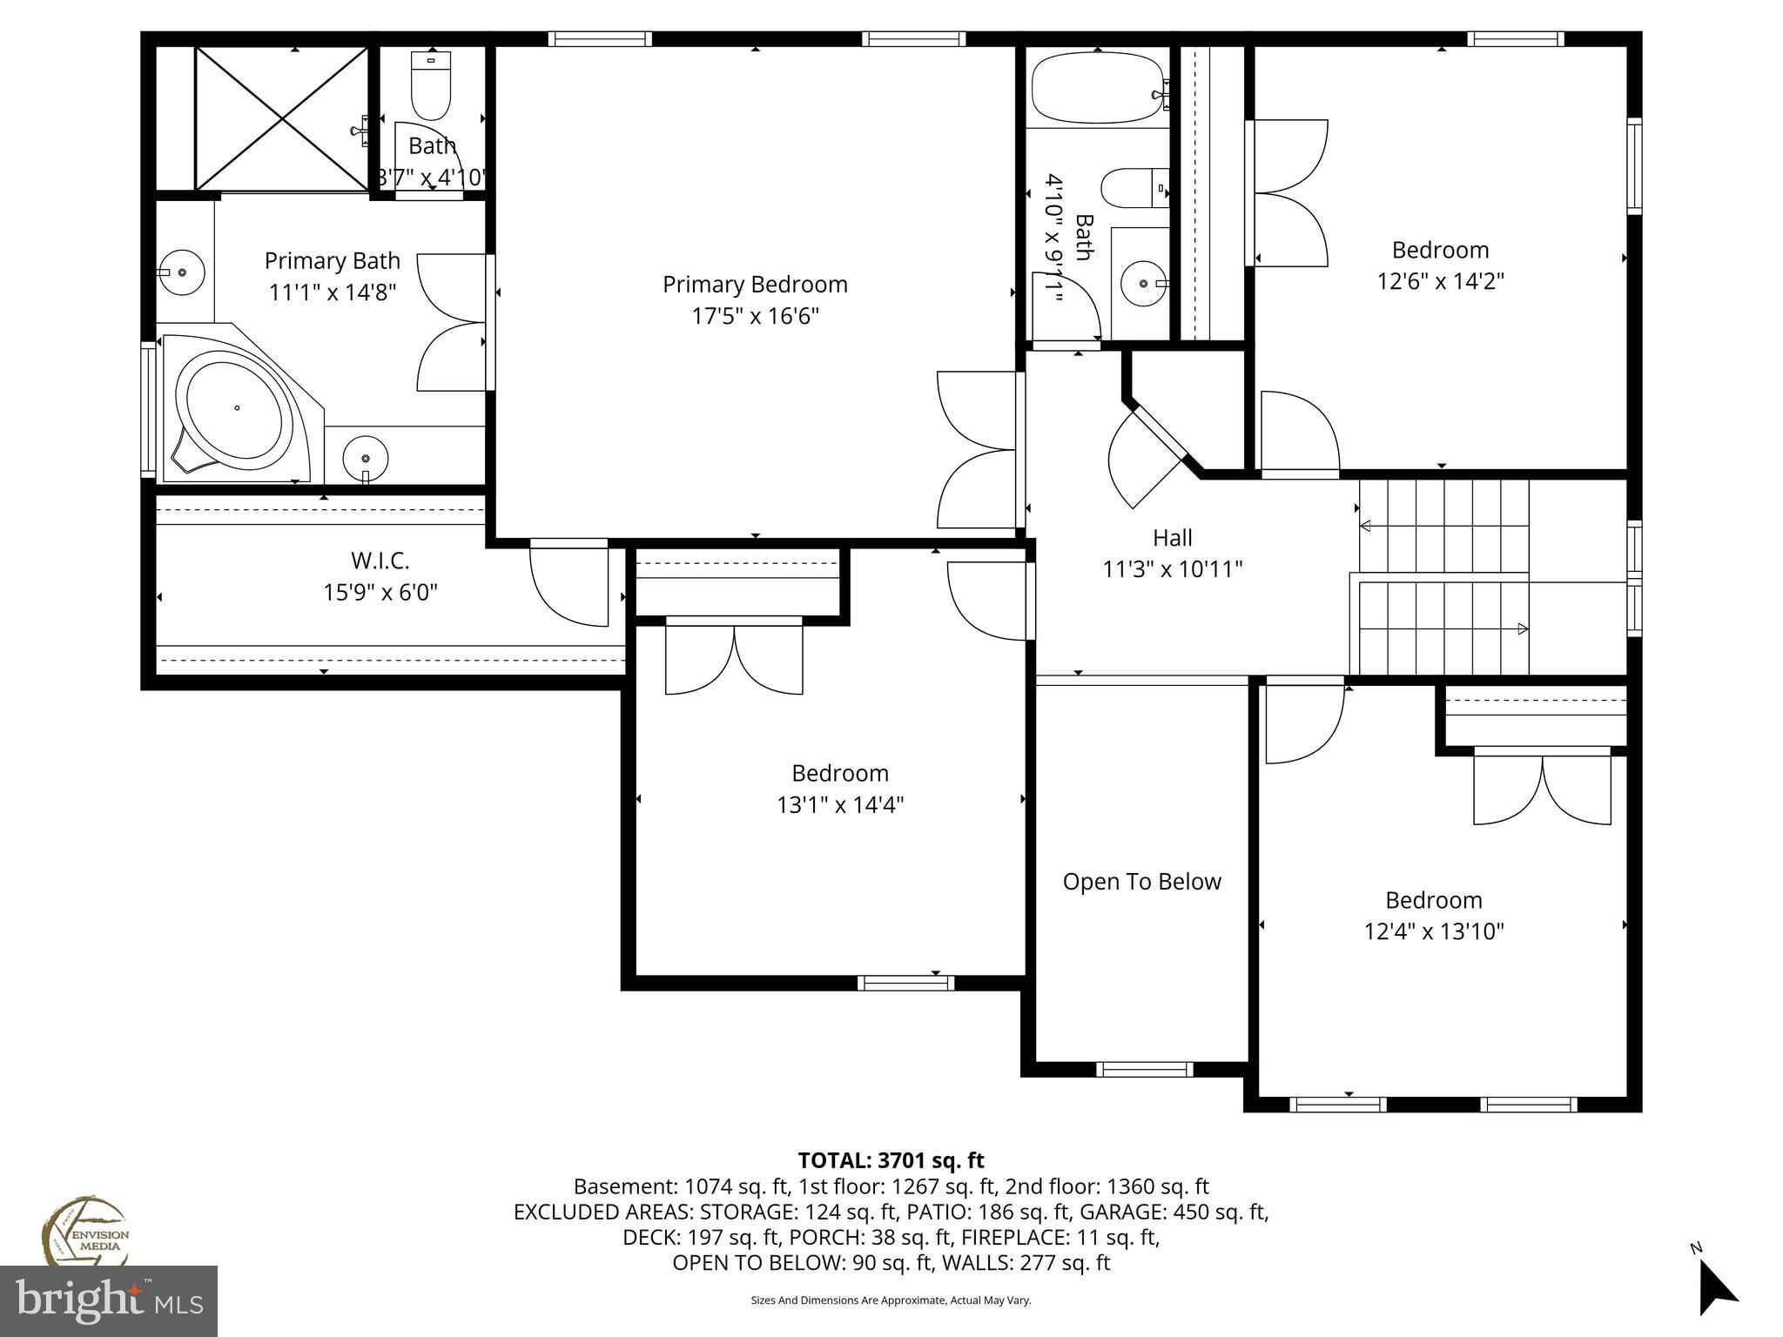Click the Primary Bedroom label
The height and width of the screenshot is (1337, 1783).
tap(755, 285)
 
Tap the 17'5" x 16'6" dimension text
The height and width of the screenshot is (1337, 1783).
tap(755, 316)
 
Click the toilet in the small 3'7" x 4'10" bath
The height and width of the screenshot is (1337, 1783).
tap(431, 87)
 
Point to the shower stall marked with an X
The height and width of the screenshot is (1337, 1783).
tap(280, 118)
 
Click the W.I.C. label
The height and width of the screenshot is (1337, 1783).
tap(380, 561)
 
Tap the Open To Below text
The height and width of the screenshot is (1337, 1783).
tap(1141, 882)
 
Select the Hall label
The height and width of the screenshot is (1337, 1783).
tap(1172, 538)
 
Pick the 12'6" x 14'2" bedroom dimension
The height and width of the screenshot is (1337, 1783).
tap(1440, 282)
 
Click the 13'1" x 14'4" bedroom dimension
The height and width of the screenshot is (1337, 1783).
tap(840, 805)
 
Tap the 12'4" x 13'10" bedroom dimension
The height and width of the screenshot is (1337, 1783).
tap(1433, 932)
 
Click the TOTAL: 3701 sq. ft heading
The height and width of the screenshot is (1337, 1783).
tap(891, 1160)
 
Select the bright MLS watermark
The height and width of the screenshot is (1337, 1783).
tap(109, 1301)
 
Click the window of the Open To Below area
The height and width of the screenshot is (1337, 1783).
tap(1144, 1070)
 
